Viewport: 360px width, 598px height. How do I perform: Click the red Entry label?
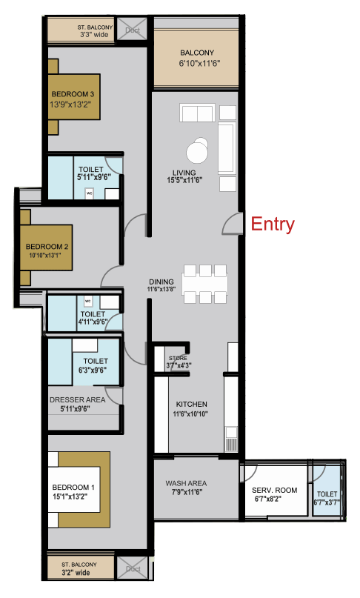coord(273,224)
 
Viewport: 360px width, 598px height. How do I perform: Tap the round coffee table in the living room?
coord(198,152)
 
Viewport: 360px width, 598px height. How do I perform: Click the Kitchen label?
coord(191,404)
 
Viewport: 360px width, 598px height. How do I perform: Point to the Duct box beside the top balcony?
coord(133,30)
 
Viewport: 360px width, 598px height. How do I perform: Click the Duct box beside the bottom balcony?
coord(133,569)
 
